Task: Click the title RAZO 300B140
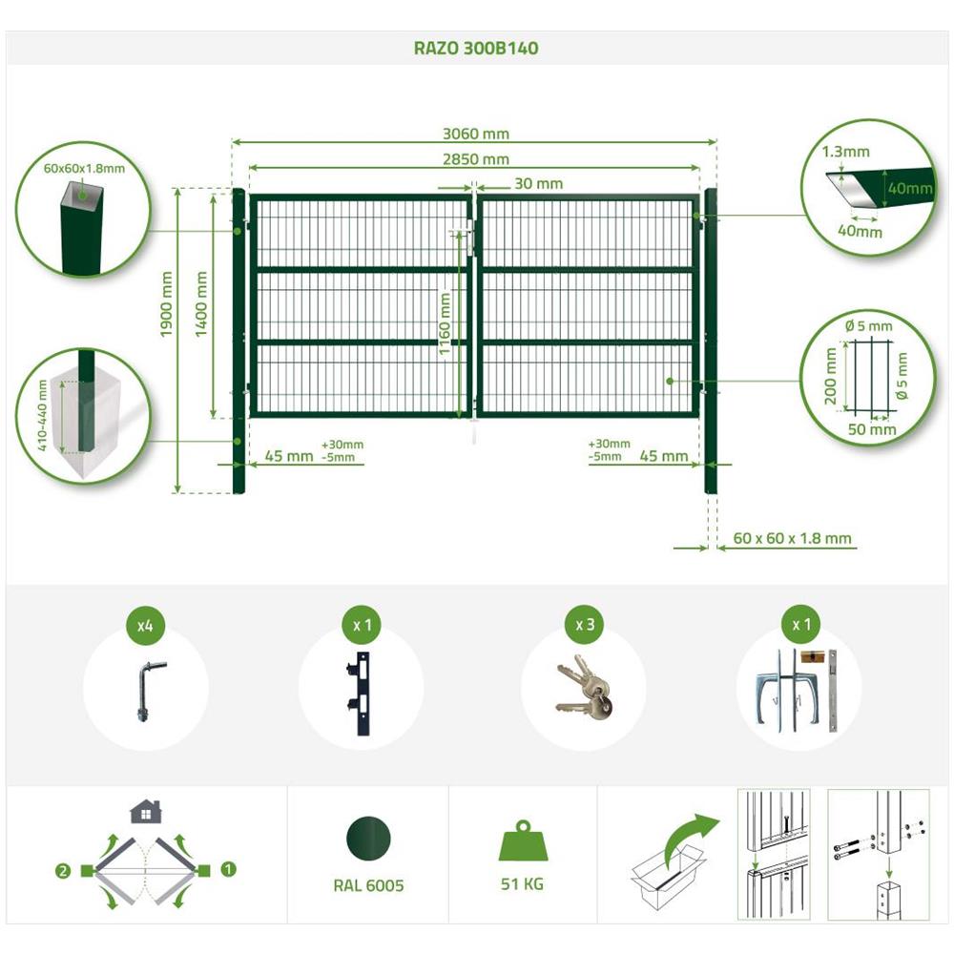point(476,48)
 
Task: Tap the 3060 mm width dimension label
point(476,134)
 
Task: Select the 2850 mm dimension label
point(476,158)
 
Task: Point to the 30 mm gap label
point(538,183)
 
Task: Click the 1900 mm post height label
point(166,303)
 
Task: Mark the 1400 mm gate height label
point(200,303)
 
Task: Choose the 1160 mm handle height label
point(445,323)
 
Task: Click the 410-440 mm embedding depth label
point(42,416)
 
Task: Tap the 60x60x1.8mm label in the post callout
point(84,169)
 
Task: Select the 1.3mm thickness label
point(845,152)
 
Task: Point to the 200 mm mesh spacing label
point(831,376)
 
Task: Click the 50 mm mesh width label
point(872,429)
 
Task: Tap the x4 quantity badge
point(145,626)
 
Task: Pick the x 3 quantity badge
point(585,625)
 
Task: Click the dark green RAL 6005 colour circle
point(368,839)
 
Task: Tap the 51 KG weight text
point(522,883)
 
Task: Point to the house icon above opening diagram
point(146,812)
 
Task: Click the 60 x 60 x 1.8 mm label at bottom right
point(792,538)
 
